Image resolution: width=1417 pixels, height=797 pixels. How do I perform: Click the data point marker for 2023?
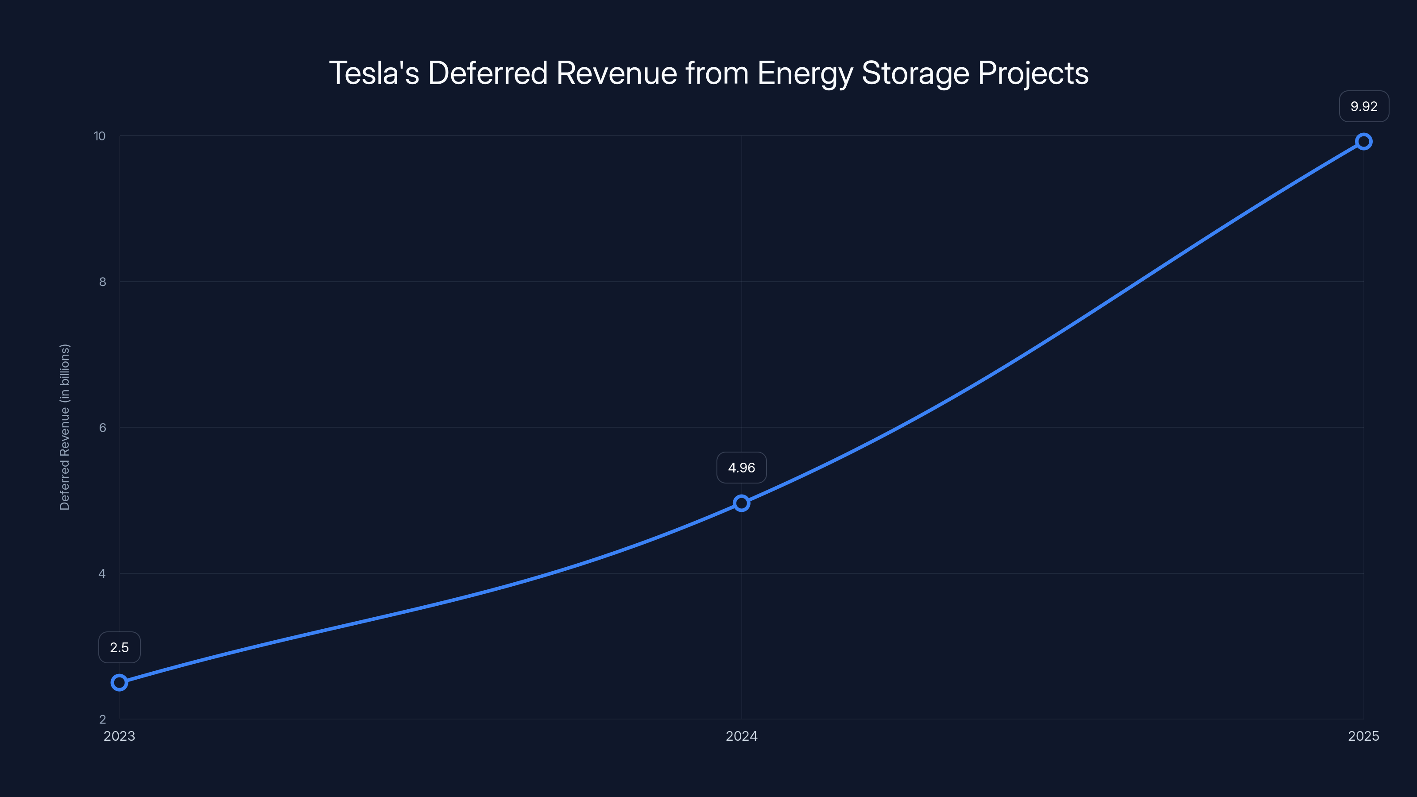coord(120,683)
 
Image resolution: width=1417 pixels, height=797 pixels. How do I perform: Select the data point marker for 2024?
coord(742,503)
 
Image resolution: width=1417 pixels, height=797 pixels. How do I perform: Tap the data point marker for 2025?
coord(1364,142)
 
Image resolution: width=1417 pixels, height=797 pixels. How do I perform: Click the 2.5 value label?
coord(120,647)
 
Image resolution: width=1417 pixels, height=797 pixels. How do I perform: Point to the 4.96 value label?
coord(742,468)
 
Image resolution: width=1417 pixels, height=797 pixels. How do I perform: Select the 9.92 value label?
coord(1364,106)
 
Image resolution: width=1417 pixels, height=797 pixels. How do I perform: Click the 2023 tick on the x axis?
coord(120,736)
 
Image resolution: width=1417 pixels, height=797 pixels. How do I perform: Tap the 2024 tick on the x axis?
coord(742,736)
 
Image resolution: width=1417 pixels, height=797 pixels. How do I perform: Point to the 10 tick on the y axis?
coord(100,136)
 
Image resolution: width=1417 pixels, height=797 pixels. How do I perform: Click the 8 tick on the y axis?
coord(102,282)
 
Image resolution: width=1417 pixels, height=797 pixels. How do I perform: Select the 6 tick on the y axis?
coord(102,427)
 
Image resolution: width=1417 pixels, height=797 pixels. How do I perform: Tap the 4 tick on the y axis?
coord(102,573)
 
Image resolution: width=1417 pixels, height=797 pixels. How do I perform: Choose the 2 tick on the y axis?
coord(102,719)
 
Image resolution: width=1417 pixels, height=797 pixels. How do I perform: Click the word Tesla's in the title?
coord(374,73)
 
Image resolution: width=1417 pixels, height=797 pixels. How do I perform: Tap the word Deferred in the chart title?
coord(488,73)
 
